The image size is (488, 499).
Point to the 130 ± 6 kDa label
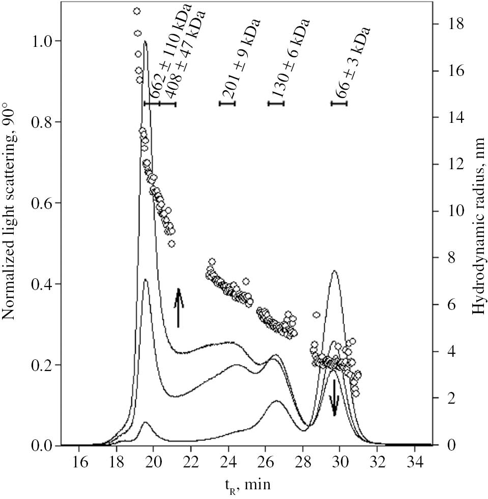click(x=290, y=59)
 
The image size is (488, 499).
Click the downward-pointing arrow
click(x=334, y=398)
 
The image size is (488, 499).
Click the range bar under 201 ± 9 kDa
click(x=227, y=103)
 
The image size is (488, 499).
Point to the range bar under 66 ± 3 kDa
click(x=339, y=103)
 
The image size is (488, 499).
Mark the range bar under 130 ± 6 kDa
click(x=276, y=103)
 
